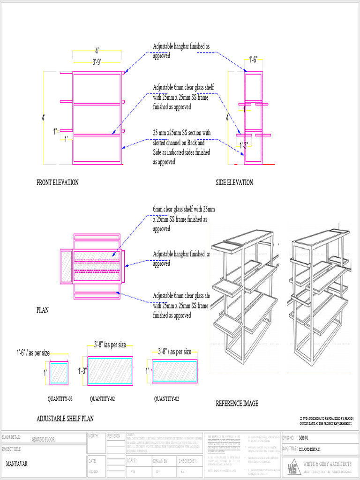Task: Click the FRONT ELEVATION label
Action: (x=57, y=182)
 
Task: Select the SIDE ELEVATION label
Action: (x=234, y=182)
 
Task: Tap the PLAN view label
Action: (x=43, y=310)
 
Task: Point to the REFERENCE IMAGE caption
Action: (x=237, y=404)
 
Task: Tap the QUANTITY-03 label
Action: (x=60, y=399)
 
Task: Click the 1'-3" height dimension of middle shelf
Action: (x=82, y=371)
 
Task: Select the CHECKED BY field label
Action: (x=187, y=461)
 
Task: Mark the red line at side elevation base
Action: (x=268, y=165)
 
